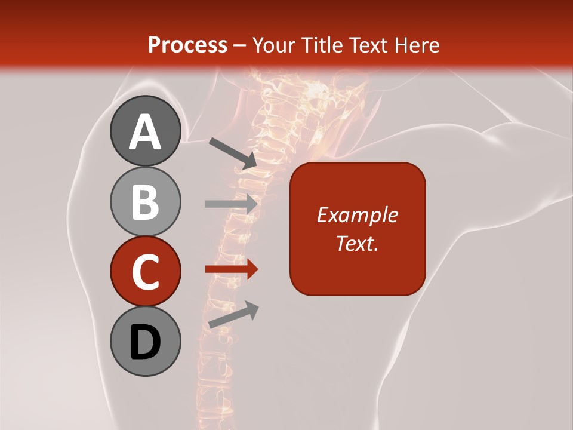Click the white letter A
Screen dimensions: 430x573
coord(145,132)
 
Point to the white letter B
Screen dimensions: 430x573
coord(145,202)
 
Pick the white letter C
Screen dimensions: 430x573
coord(145,272)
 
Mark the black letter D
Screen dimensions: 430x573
coord(145,343)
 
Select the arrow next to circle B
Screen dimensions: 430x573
coord(231,203)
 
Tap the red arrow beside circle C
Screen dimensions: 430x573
coord(231,269)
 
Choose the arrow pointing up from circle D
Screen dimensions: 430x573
coord(233,315)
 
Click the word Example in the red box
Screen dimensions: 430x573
coord(358,215)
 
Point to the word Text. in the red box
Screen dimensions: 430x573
coord(358,243)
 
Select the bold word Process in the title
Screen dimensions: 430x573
coord(187,45)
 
